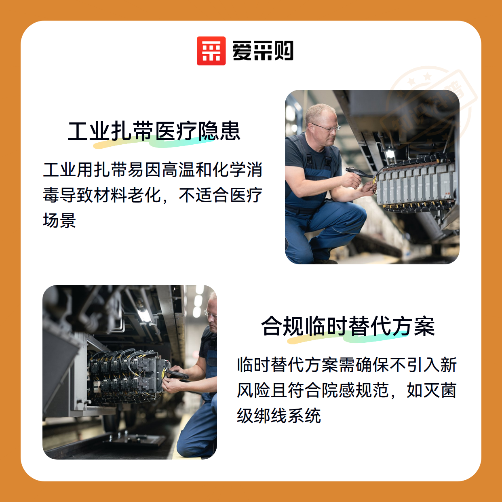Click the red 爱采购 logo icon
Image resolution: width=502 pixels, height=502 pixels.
[211, 51]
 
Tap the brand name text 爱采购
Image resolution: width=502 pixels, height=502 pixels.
[263, 51]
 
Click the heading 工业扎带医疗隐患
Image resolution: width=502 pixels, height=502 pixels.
[154, 131]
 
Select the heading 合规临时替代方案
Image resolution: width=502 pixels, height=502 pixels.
[348, 326]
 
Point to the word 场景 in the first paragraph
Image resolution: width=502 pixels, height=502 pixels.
[59, 220]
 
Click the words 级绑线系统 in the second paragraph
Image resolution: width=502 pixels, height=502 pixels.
[279, 416]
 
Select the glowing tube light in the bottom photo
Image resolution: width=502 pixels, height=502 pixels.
[143, 315]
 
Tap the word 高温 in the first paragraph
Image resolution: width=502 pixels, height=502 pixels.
[178, 170]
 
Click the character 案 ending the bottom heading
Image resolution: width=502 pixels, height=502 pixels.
[424, 326]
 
